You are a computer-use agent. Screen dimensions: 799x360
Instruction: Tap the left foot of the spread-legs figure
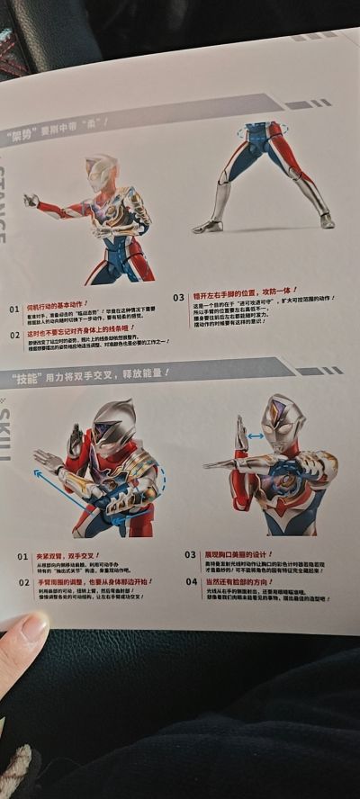pos(207,226)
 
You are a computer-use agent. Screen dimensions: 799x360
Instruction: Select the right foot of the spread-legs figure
pos(326,220)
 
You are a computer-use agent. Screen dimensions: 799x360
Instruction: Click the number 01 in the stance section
pos(13,309)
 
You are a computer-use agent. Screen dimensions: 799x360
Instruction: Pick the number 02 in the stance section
pos(14,335)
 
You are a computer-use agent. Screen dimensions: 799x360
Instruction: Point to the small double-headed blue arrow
pos(255,436)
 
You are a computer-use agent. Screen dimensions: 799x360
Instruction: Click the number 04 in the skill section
pos(190,581)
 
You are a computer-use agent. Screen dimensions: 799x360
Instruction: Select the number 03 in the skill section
pos(190,555)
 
